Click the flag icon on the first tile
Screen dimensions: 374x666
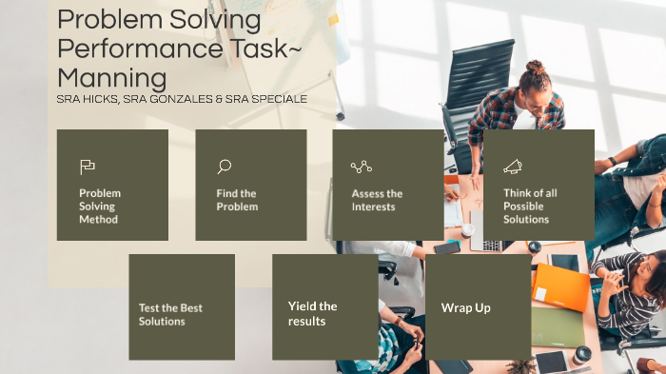point(88,167)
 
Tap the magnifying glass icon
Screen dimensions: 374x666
point(224,167)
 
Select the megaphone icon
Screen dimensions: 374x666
point(513,167)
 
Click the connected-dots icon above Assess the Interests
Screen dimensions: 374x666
point(361,167)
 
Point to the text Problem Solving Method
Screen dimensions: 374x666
point(100,206)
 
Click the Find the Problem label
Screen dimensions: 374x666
point(237,200)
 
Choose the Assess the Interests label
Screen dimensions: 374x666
point(377,200)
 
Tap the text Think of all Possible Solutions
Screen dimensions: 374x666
point(530,206)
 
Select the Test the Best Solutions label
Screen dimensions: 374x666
point(170,314)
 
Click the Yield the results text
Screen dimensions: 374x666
point(313,313)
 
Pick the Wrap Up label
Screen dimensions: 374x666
point(465,307)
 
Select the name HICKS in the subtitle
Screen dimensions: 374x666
point(98,99)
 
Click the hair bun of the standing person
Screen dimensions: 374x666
point(536,68)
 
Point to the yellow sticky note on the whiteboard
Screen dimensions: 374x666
point(333,19)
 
